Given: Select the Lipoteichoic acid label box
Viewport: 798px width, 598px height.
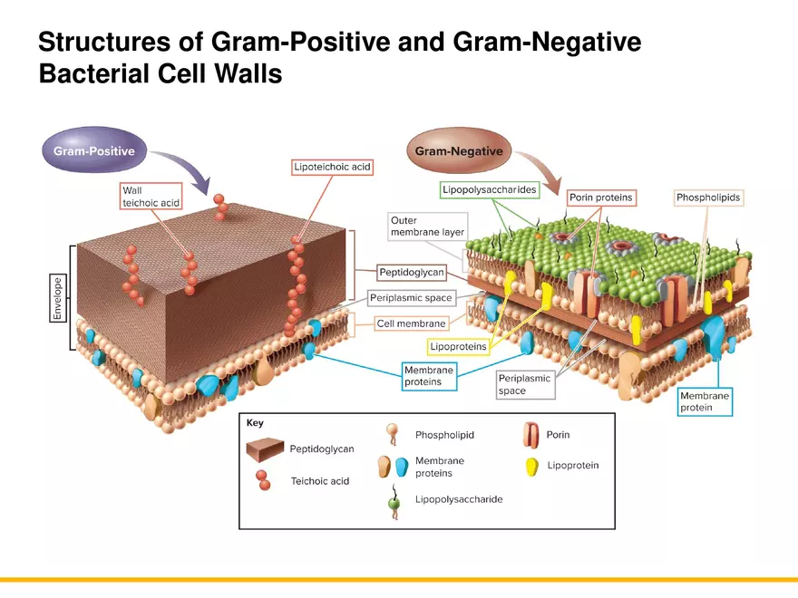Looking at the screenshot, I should pyautogui.click(x=333, y=168).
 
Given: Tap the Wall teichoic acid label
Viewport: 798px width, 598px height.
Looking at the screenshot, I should pyautogui.click(x=151, y=197).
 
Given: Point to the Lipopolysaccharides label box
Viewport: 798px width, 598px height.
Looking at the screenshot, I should pyautogui.click(x=490, y=189).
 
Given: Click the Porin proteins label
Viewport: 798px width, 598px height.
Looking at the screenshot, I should pyautogui.click(x=600, y=198).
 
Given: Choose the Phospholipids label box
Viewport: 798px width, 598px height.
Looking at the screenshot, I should pyautogui.click(x=708, y=198).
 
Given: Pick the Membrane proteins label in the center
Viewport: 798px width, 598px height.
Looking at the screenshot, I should pyautogui.click(x=428, y=376).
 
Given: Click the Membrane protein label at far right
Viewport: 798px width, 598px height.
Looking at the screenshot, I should pyautogui.click(x=705, y=401).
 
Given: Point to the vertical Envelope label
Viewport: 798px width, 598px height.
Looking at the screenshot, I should pyautogui.click(x=57, y=297).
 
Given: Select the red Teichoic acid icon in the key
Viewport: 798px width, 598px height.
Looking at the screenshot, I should pyautogui.click(x=263, y=479).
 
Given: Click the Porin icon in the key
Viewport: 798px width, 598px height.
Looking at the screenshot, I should pyautogui.click(x=531, y=436).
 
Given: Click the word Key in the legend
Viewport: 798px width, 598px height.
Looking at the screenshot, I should pyautogui.click(x=255, y=423).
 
